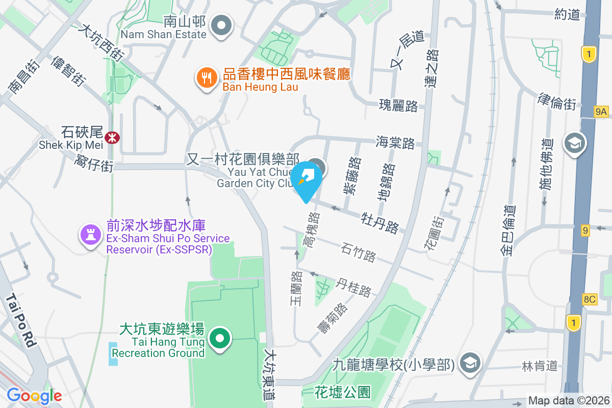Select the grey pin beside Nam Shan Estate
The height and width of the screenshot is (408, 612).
[221, 26]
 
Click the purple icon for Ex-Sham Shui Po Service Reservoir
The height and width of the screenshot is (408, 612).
[90, 235]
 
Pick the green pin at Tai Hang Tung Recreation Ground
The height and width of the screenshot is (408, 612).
[220, 339]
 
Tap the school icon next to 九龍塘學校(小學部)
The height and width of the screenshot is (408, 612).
[468, 363]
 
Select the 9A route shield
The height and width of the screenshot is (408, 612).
[601, 111]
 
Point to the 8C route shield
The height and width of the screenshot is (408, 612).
[589, 299]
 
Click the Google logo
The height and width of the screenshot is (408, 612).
[34, 396]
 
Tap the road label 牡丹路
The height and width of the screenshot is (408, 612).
[379, 222]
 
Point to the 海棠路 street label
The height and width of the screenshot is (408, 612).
[395, 142]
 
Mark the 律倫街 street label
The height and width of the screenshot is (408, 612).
[557, 101]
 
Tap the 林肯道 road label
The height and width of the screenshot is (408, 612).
[540, 366]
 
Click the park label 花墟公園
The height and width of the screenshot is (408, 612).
[342, 392]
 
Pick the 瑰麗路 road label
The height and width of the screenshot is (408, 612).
[398, 106]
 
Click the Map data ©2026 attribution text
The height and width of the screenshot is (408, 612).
[569, 401]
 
